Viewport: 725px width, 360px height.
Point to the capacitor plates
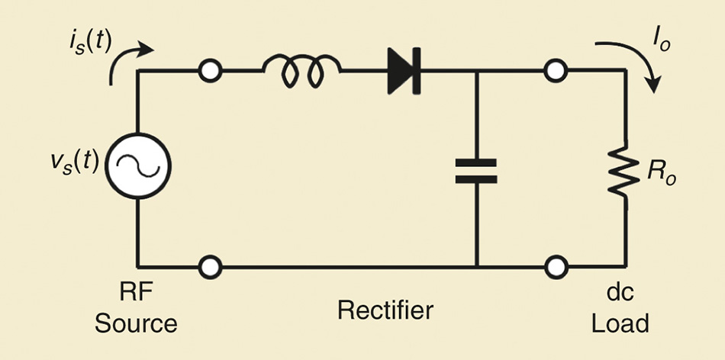point(475,170)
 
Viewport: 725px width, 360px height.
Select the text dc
point(621,294)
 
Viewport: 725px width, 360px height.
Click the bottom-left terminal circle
point(209,267)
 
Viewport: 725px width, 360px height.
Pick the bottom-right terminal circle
point(556,267)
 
